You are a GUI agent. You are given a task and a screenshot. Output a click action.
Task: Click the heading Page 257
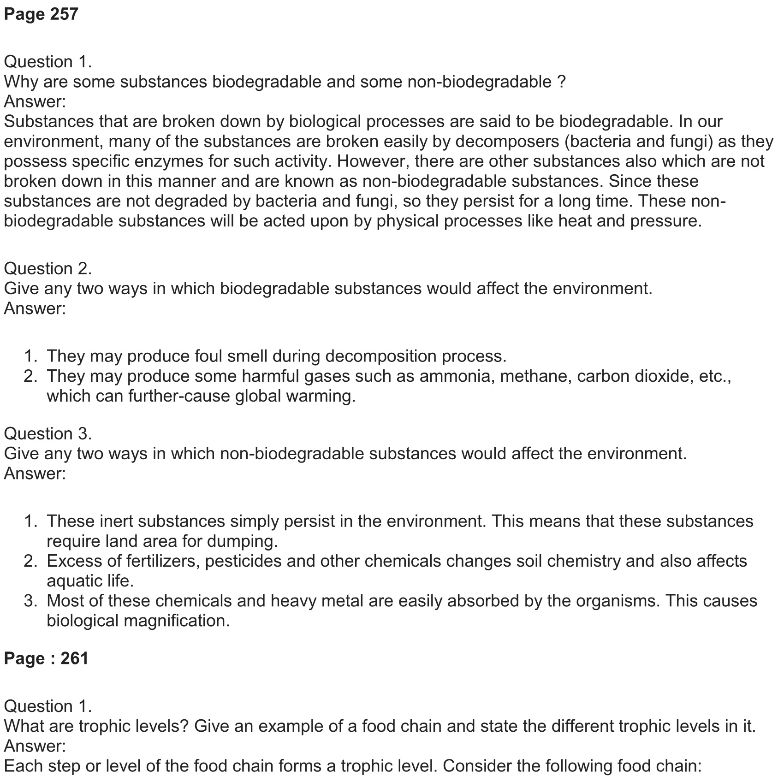coord(41,14)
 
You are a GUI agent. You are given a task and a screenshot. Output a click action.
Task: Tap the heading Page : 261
coord(46,658)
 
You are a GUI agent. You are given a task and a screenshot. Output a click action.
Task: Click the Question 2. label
coord(48,268)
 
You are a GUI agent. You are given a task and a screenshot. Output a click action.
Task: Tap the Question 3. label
coord(48,433)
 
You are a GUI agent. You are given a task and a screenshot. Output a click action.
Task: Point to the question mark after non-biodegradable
coord(561,82)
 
